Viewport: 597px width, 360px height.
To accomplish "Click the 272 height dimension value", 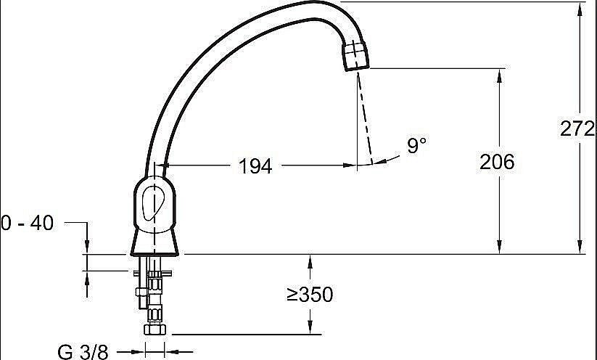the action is tap(577, 128).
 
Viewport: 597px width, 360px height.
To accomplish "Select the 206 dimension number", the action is tap(497, 162).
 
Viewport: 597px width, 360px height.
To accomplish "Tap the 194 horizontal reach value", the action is tap(255, 166).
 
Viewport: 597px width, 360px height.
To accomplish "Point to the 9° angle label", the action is tap(416, 145).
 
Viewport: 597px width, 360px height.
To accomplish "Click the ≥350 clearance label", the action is tap(310, 295).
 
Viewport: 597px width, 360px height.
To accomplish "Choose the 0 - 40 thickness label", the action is tap(27, 224).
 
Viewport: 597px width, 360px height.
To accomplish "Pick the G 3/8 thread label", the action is tap(83, 351).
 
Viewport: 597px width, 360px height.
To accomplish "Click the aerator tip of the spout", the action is tap(356, 57).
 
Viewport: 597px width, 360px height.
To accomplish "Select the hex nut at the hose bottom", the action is tap(155, 330).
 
